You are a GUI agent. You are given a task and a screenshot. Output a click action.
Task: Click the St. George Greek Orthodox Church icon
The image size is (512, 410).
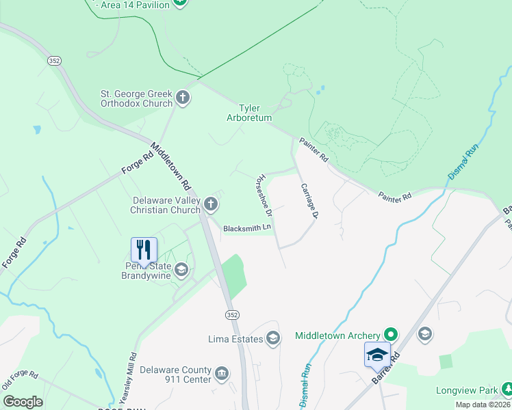click(183, 98)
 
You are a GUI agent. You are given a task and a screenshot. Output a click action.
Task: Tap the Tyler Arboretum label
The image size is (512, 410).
click(249, 113)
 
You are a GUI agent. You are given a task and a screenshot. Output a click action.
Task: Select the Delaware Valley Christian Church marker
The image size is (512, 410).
click(212, 203)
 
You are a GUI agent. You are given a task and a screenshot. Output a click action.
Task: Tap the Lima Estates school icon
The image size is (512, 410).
click(273, 338)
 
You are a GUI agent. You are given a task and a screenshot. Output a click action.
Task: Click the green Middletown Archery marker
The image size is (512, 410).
click(391, 335)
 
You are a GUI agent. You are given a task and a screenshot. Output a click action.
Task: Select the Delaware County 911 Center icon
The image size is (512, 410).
click(222, 374)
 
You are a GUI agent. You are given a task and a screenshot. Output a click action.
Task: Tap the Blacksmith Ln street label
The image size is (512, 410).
click(247, 228)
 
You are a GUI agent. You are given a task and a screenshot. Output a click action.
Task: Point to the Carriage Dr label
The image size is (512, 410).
click(310, 201)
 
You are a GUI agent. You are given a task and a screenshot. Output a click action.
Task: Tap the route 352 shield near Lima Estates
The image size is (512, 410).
click(233, 314)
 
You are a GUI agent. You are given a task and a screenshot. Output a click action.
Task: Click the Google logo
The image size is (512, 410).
click(23, 402)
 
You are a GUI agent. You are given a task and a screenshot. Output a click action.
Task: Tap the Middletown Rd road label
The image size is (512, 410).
click(170, 166)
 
